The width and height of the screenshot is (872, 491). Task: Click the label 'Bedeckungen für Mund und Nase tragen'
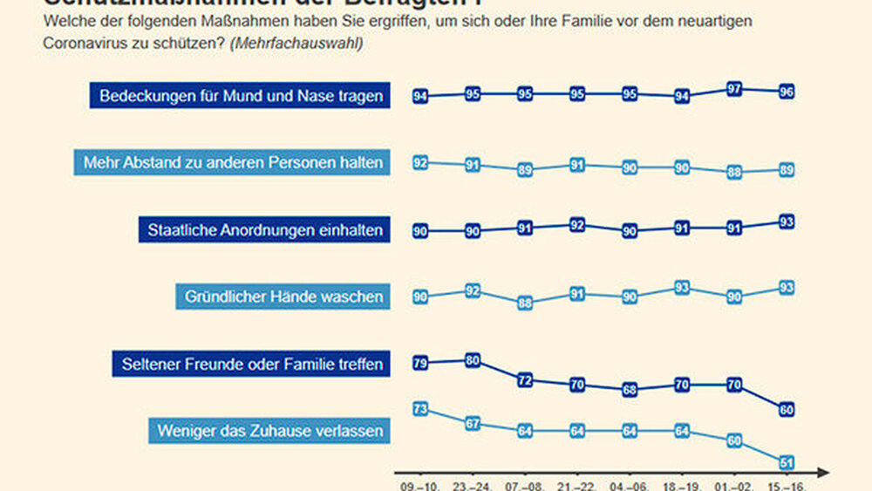[241, 96]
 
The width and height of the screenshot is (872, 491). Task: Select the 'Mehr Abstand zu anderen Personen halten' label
[233, 162]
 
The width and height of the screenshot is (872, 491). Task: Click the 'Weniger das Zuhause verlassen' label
[269, 430]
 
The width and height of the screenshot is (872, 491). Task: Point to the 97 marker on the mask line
[734, 90]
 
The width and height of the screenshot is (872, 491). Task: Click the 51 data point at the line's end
[787, 462]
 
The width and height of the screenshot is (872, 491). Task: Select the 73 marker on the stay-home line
[420, 409]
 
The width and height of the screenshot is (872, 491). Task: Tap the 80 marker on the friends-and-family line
[473, 360]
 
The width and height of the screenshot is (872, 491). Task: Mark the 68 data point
[630, 390]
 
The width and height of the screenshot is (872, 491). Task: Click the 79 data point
[420, 364]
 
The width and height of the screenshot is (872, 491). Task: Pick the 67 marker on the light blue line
[473, 424]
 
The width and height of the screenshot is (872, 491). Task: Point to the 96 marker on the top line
[787, 92]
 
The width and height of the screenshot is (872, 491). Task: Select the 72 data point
[525, 380]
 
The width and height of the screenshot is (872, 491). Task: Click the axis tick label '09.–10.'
[419, 483]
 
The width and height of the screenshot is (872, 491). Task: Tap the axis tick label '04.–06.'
[629, 483]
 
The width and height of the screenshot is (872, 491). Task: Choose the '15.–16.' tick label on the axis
[786, 483]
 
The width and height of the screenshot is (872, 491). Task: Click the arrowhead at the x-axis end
[824, 473]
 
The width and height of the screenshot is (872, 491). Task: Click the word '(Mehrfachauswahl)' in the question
[296, 43]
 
